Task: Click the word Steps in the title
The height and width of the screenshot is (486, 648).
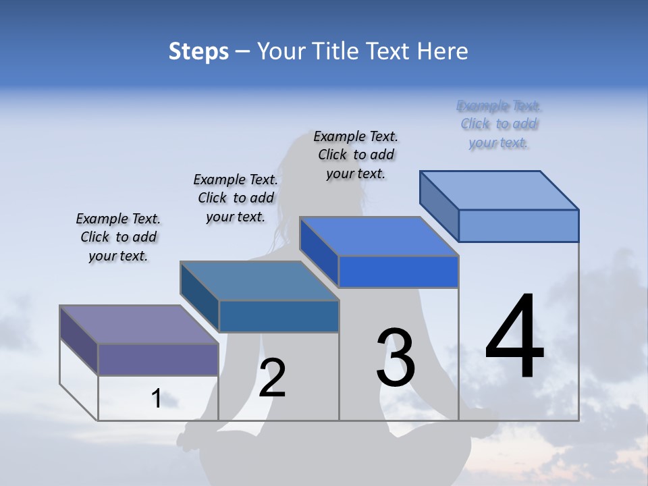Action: click(x=198, y=51)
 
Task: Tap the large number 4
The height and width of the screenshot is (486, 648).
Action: click(x=514, y=337)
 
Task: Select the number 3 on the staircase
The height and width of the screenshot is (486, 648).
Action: click(x=396, y=358)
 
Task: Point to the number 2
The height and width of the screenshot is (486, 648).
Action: click(x=272, y=378)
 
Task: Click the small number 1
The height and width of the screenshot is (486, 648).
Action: click(x=157, y=398)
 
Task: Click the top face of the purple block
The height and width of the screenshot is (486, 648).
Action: click(x=138, y=325)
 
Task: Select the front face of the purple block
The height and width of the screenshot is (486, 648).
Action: click(x=158, y=359)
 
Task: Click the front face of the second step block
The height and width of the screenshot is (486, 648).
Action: click(x=279, y=316)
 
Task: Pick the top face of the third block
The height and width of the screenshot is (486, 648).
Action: click(x=378, y=236)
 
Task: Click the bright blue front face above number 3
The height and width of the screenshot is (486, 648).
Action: click(x=398, y=271)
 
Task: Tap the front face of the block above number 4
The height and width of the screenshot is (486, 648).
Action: click(x=518, y=225)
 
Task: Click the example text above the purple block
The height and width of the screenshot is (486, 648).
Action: click(x=118, y=238)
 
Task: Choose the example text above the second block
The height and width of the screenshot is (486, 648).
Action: click(x=236, y=198)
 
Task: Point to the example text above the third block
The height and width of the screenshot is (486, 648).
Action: click(x=356, y=155)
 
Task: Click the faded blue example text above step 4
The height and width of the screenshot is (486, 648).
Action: click(x=499, y=124)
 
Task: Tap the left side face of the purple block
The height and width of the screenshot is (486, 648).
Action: click(x=79, y=340)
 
